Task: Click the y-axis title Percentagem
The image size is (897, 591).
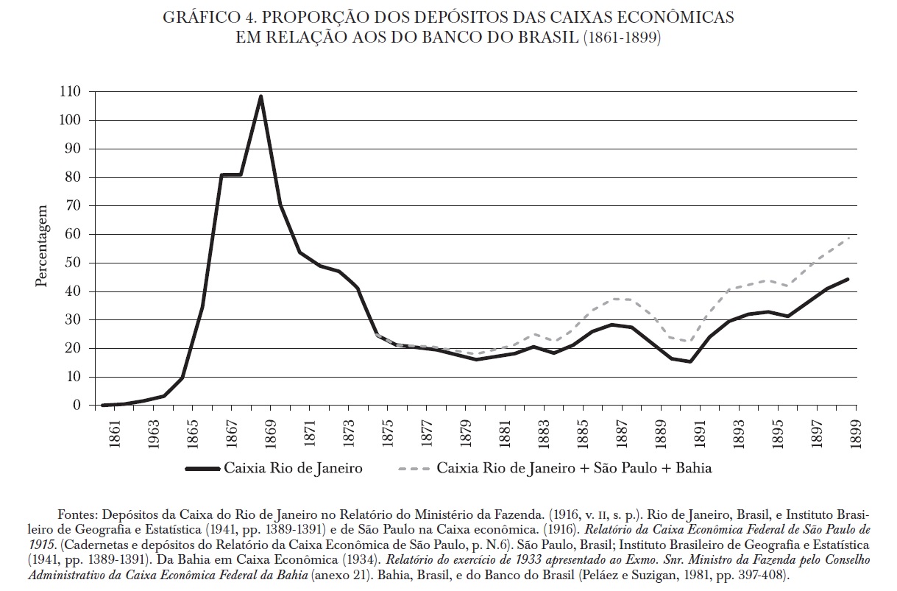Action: tap(43, 247)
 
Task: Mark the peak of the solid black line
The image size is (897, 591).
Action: tap(260, 96)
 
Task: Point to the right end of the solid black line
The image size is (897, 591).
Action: tap(848, 279)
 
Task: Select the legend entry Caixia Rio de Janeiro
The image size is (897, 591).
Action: tap(293, 468)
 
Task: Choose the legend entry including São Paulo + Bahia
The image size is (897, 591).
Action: tap(575, 468)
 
